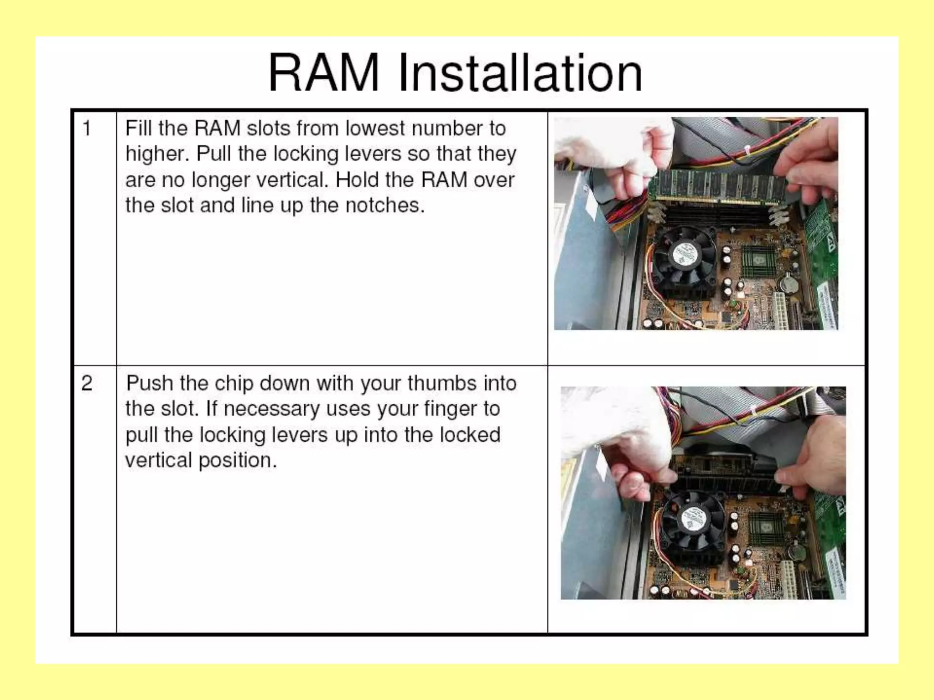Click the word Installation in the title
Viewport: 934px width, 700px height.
pyautogui.click(x=520, y=74)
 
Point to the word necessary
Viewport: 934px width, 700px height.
pyautogui.click(x=271, y=409)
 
